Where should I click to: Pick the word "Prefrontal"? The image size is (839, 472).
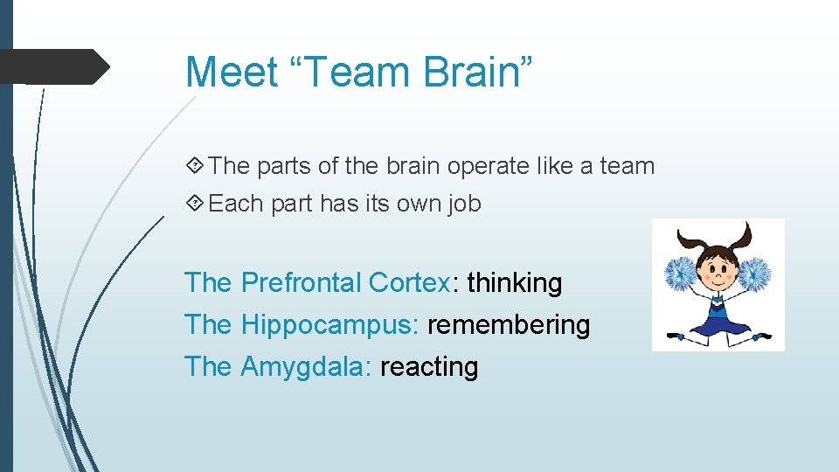tap(301, 283)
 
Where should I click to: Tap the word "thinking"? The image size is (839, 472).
tap(515, 283)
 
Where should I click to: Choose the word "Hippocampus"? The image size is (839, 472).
tap(330, 325)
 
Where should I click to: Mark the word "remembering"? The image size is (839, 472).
tap(509, 325)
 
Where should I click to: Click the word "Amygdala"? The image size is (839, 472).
tap(307, 366)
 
